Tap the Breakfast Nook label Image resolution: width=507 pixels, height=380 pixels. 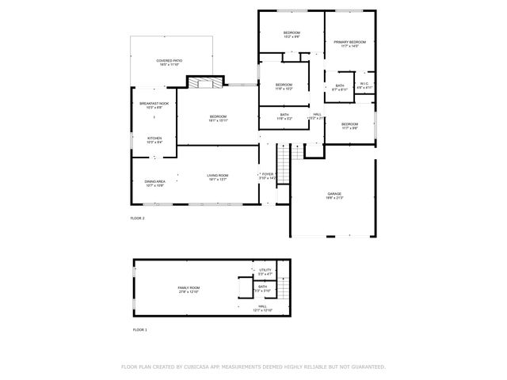tap(154, 105)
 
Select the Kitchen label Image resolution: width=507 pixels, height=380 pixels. tap(154, 139)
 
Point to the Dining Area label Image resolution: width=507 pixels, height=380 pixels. tap(154, 183)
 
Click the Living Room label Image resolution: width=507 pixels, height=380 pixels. tap(218, 177)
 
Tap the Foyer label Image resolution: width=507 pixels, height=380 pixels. tap(268, 176)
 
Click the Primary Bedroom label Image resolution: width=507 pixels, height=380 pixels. tap(349, 44)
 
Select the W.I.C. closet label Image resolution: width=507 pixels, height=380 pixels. tap(364, 85)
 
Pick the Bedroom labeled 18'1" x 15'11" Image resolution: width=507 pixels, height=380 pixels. tap(218, 119)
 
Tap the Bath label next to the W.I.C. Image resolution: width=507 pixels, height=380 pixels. tap(339, 87)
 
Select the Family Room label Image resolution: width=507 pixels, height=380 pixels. tap(189, 290)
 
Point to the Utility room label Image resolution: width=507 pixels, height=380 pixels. tap(265, 272)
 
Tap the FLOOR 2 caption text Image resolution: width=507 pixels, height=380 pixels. tap(138, 218)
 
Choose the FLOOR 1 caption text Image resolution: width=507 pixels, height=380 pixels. tap(139, 329)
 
